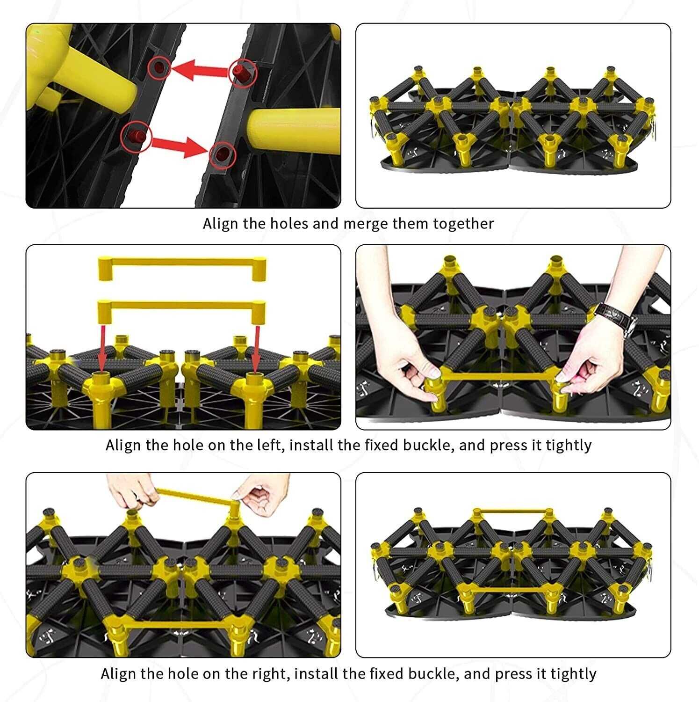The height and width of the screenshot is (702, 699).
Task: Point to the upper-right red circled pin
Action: click(242, 72)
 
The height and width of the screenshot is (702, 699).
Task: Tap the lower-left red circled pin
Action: click(136, 137)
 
